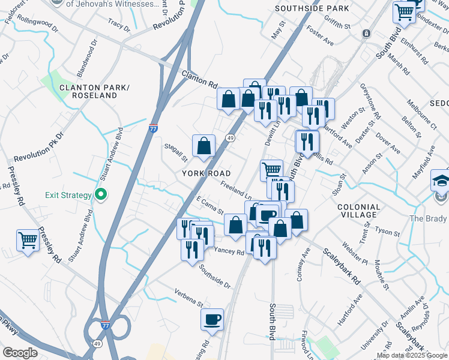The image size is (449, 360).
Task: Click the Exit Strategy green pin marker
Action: click(101, 194)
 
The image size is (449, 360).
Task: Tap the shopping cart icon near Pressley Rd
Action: click(28, 241)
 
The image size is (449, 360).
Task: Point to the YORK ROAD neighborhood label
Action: click(206, 173)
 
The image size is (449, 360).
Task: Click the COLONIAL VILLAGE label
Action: click(359, 211)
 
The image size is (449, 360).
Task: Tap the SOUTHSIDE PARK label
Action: click(312, 9)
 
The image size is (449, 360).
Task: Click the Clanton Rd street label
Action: click(199, 79)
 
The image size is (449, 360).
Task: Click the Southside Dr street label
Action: click(215, 275)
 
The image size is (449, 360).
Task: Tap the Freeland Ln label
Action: click(235, 190)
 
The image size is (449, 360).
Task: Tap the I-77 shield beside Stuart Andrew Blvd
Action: click(154, 128)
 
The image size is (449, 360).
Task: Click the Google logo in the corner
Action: click(20, 352)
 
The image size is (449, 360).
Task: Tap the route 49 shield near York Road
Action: click(230, 139)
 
